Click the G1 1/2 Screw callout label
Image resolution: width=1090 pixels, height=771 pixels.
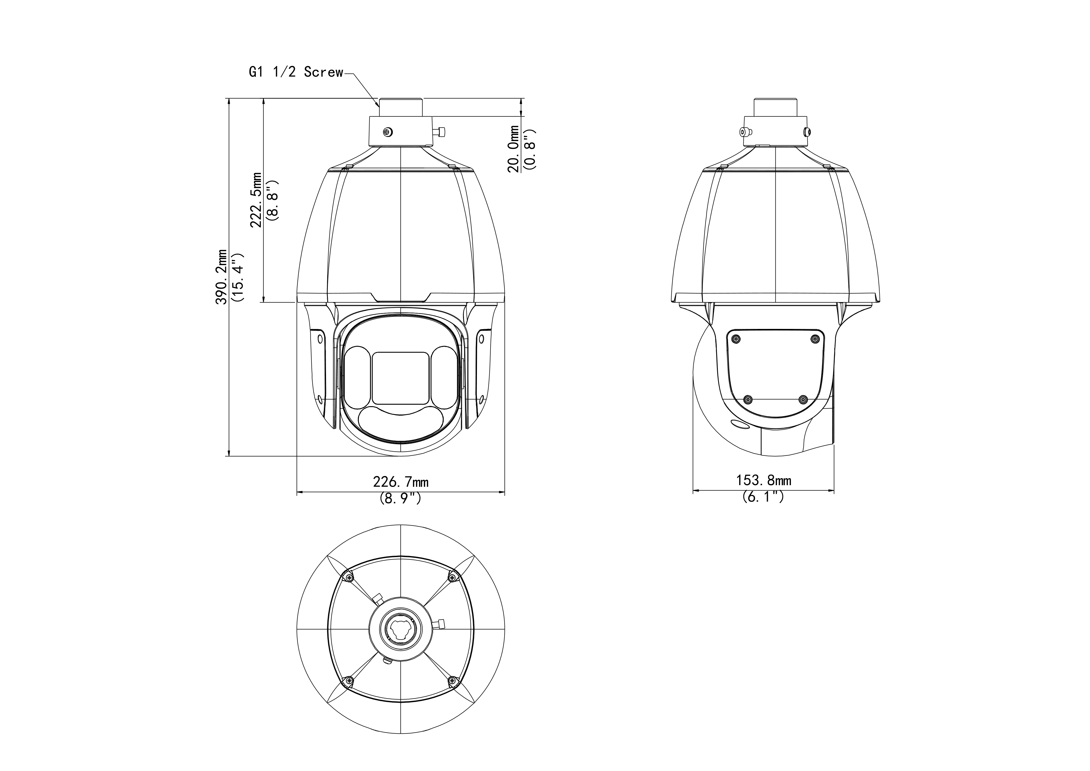click(x=296, y=72)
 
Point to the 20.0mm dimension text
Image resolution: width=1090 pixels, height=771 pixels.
click(x=514, y=149)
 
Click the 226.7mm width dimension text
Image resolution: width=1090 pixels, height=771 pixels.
click(x=401, y=482)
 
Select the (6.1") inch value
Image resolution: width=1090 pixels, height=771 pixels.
click(x=763, y=496)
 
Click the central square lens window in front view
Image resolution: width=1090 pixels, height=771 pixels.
click(x=401, y=378)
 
